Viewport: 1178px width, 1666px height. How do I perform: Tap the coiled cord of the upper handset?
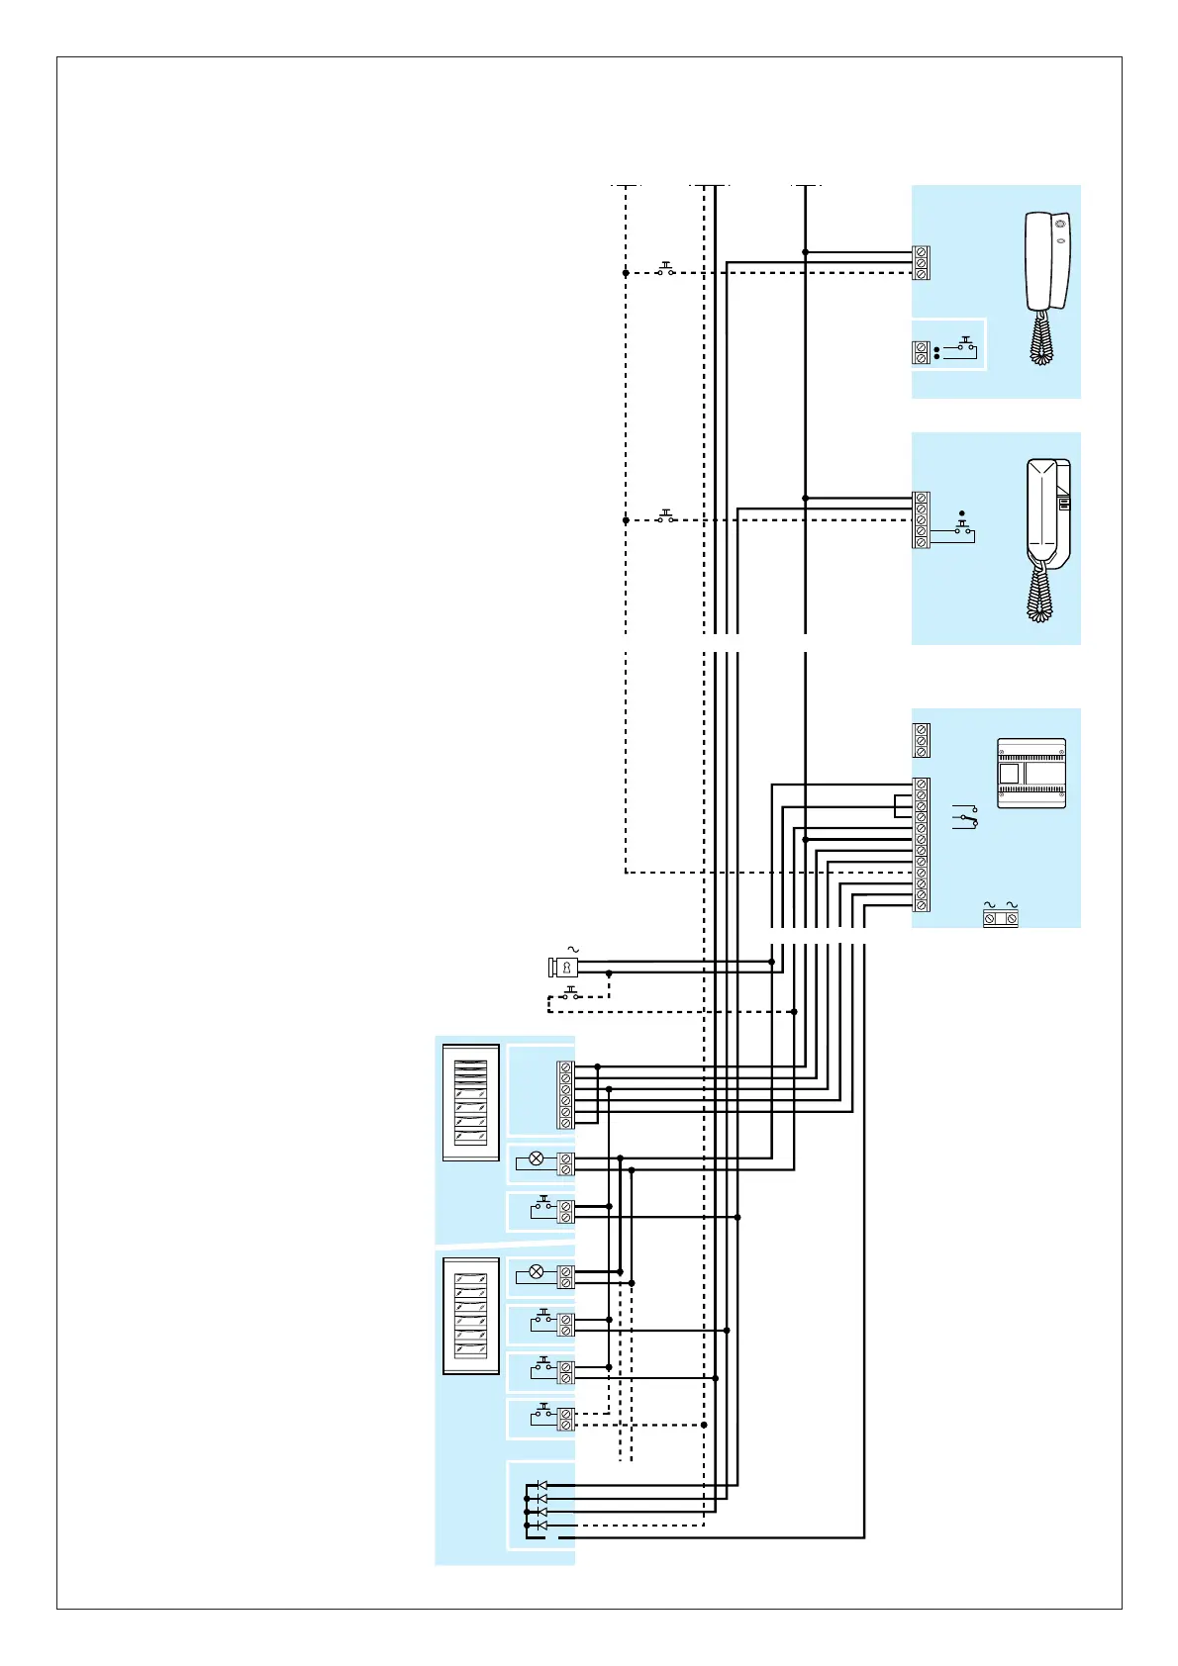[1039, 336]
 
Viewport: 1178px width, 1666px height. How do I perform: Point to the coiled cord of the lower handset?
[1039, 592]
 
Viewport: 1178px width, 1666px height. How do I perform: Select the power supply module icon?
[1031, 773]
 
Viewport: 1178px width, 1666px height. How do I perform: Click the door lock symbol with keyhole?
[564, 967]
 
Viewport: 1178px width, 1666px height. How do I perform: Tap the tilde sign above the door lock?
[572, 950]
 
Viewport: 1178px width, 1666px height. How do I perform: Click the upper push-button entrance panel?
[471, 1102]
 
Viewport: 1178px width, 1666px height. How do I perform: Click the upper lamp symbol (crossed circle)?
[537, 1158]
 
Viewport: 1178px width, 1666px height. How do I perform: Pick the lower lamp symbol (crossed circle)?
[537, 1272]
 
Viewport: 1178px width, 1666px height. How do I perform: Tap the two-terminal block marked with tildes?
[1000, 918]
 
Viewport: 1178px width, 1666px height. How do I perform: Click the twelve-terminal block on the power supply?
[922, 845]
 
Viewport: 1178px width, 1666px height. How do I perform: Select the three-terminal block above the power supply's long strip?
[922, 740]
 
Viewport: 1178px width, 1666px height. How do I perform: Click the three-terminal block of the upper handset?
[922, 263]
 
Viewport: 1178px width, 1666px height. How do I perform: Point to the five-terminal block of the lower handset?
[922, 519]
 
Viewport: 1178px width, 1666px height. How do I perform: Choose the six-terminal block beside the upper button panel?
[565, 1094]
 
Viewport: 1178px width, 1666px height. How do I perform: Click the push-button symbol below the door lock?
[570, 993]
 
